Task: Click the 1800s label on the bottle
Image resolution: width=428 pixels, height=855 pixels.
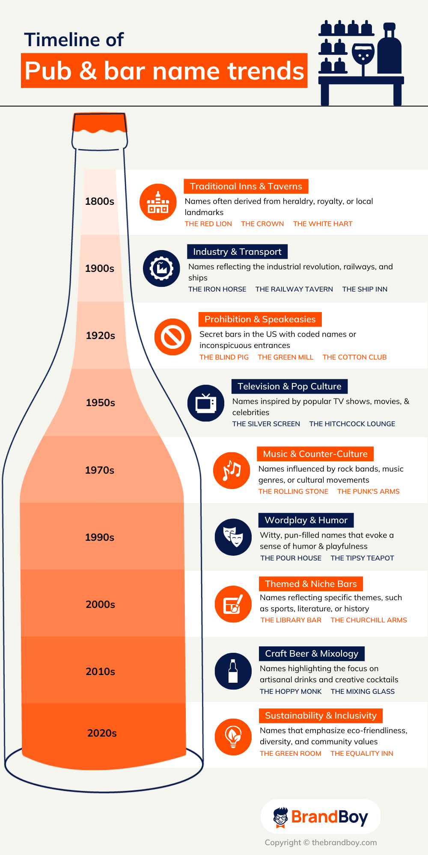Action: tap(100, 201)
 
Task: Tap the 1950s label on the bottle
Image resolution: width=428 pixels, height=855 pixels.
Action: tap(101, 403)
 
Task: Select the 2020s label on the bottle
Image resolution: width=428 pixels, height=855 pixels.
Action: tap(102, 733)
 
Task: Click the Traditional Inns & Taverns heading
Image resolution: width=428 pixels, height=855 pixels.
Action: tap(246, 186)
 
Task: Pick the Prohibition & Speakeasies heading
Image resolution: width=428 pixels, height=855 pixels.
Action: tap(260, 319)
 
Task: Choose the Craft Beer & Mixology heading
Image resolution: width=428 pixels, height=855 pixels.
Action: tap(312, 654)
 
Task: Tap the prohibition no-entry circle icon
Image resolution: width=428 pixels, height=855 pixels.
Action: tap(173, 337)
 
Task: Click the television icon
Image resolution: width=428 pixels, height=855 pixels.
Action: tap(206, 403)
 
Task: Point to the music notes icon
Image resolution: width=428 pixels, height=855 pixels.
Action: tap(232, 470)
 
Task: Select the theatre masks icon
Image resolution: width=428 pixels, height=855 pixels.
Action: tap(233, 537)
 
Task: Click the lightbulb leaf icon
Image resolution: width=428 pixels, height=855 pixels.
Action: tap(233, 737)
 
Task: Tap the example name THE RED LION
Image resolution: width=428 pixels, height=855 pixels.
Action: tap(208, 224)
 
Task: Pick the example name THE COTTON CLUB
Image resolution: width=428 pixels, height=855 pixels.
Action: tap(354, 357)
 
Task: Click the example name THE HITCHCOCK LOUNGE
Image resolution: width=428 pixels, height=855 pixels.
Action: tap(352, 424)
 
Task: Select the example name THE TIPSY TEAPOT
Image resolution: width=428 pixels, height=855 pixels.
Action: tap(362, 558)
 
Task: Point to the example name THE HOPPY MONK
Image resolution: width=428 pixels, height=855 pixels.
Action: tap(291, 692)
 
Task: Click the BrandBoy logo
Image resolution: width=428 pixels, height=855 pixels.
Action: tap(321, 817)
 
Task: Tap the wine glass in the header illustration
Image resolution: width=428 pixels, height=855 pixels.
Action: tap(363, 56)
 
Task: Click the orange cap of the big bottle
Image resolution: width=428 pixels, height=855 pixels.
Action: tap(100, 123)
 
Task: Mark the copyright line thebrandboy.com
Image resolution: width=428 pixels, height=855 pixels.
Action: tap(321, 843)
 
